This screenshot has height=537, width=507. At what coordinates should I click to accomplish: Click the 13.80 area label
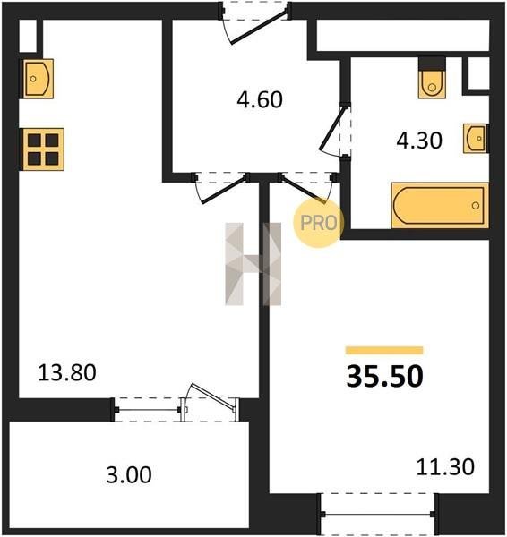click(x=67, y=372)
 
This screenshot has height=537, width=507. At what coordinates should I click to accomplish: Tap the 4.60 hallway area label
click(x=260, y=99)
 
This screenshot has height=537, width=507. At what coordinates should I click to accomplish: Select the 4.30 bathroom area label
click(x=419, y=141)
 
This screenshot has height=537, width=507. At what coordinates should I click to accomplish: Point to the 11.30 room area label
click(x=445, y=466)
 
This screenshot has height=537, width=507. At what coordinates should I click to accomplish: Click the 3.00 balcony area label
click(x=129, y=475)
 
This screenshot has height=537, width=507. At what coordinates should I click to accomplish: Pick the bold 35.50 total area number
click(x=384, y=377)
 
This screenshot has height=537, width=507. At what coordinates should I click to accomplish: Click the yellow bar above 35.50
click(x=384, y=350)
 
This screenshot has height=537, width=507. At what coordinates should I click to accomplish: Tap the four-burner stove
click(x=43, y=149)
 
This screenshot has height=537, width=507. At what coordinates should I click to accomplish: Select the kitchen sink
click(x=38, y=79)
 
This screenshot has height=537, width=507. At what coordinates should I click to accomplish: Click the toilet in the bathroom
click(x=432, y=83)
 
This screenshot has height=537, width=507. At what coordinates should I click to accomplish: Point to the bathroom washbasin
click(x=476, y=138)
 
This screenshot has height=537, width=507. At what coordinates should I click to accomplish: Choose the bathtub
click(x=440, y=205)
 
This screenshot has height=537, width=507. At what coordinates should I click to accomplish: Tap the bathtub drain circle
click(x=476, y=206)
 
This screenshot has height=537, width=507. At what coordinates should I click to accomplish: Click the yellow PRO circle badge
click(x=319, y=223)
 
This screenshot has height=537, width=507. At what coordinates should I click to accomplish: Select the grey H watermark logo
click(x=253, y=264)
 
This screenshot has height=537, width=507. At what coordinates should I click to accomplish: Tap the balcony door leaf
click(x=213, y=397)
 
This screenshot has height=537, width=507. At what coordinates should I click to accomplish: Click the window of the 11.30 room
click(x=378, y=514)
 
